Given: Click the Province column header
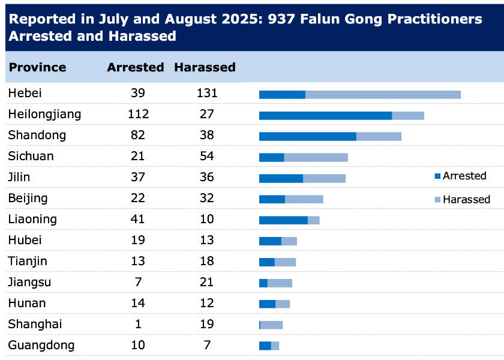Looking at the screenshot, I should (37, 67).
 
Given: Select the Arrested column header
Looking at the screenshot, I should (136, 67).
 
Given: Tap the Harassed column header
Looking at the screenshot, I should (205, 67).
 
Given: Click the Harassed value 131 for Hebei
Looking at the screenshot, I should (206, 93).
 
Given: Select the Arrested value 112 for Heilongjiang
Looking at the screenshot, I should (138, 114).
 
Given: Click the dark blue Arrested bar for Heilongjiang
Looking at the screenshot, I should (325, 115).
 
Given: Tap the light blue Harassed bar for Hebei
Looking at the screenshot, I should (383, 94).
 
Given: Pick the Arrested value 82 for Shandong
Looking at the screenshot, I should (138, 135).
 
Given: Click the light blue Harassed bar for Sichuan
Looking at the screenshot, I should (316, 157).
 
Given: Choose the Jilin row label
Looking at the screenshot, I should (19, 177).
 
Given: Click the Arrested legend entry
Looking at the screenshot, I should (460, 176).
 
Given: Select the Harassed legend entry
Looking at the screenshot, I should (462, 199).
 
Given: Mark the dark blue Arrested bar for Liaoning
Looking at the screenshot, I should (283, 220).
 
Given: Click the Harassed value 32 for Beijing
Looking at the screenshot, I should (206, 198).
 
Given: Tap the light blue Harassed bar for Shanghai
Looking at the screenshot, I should (271, 325).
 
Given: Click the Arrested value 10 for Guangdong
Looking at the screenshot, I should (138, 345).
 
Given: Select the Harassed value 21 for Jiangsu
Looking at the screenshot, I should (206, 282).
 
